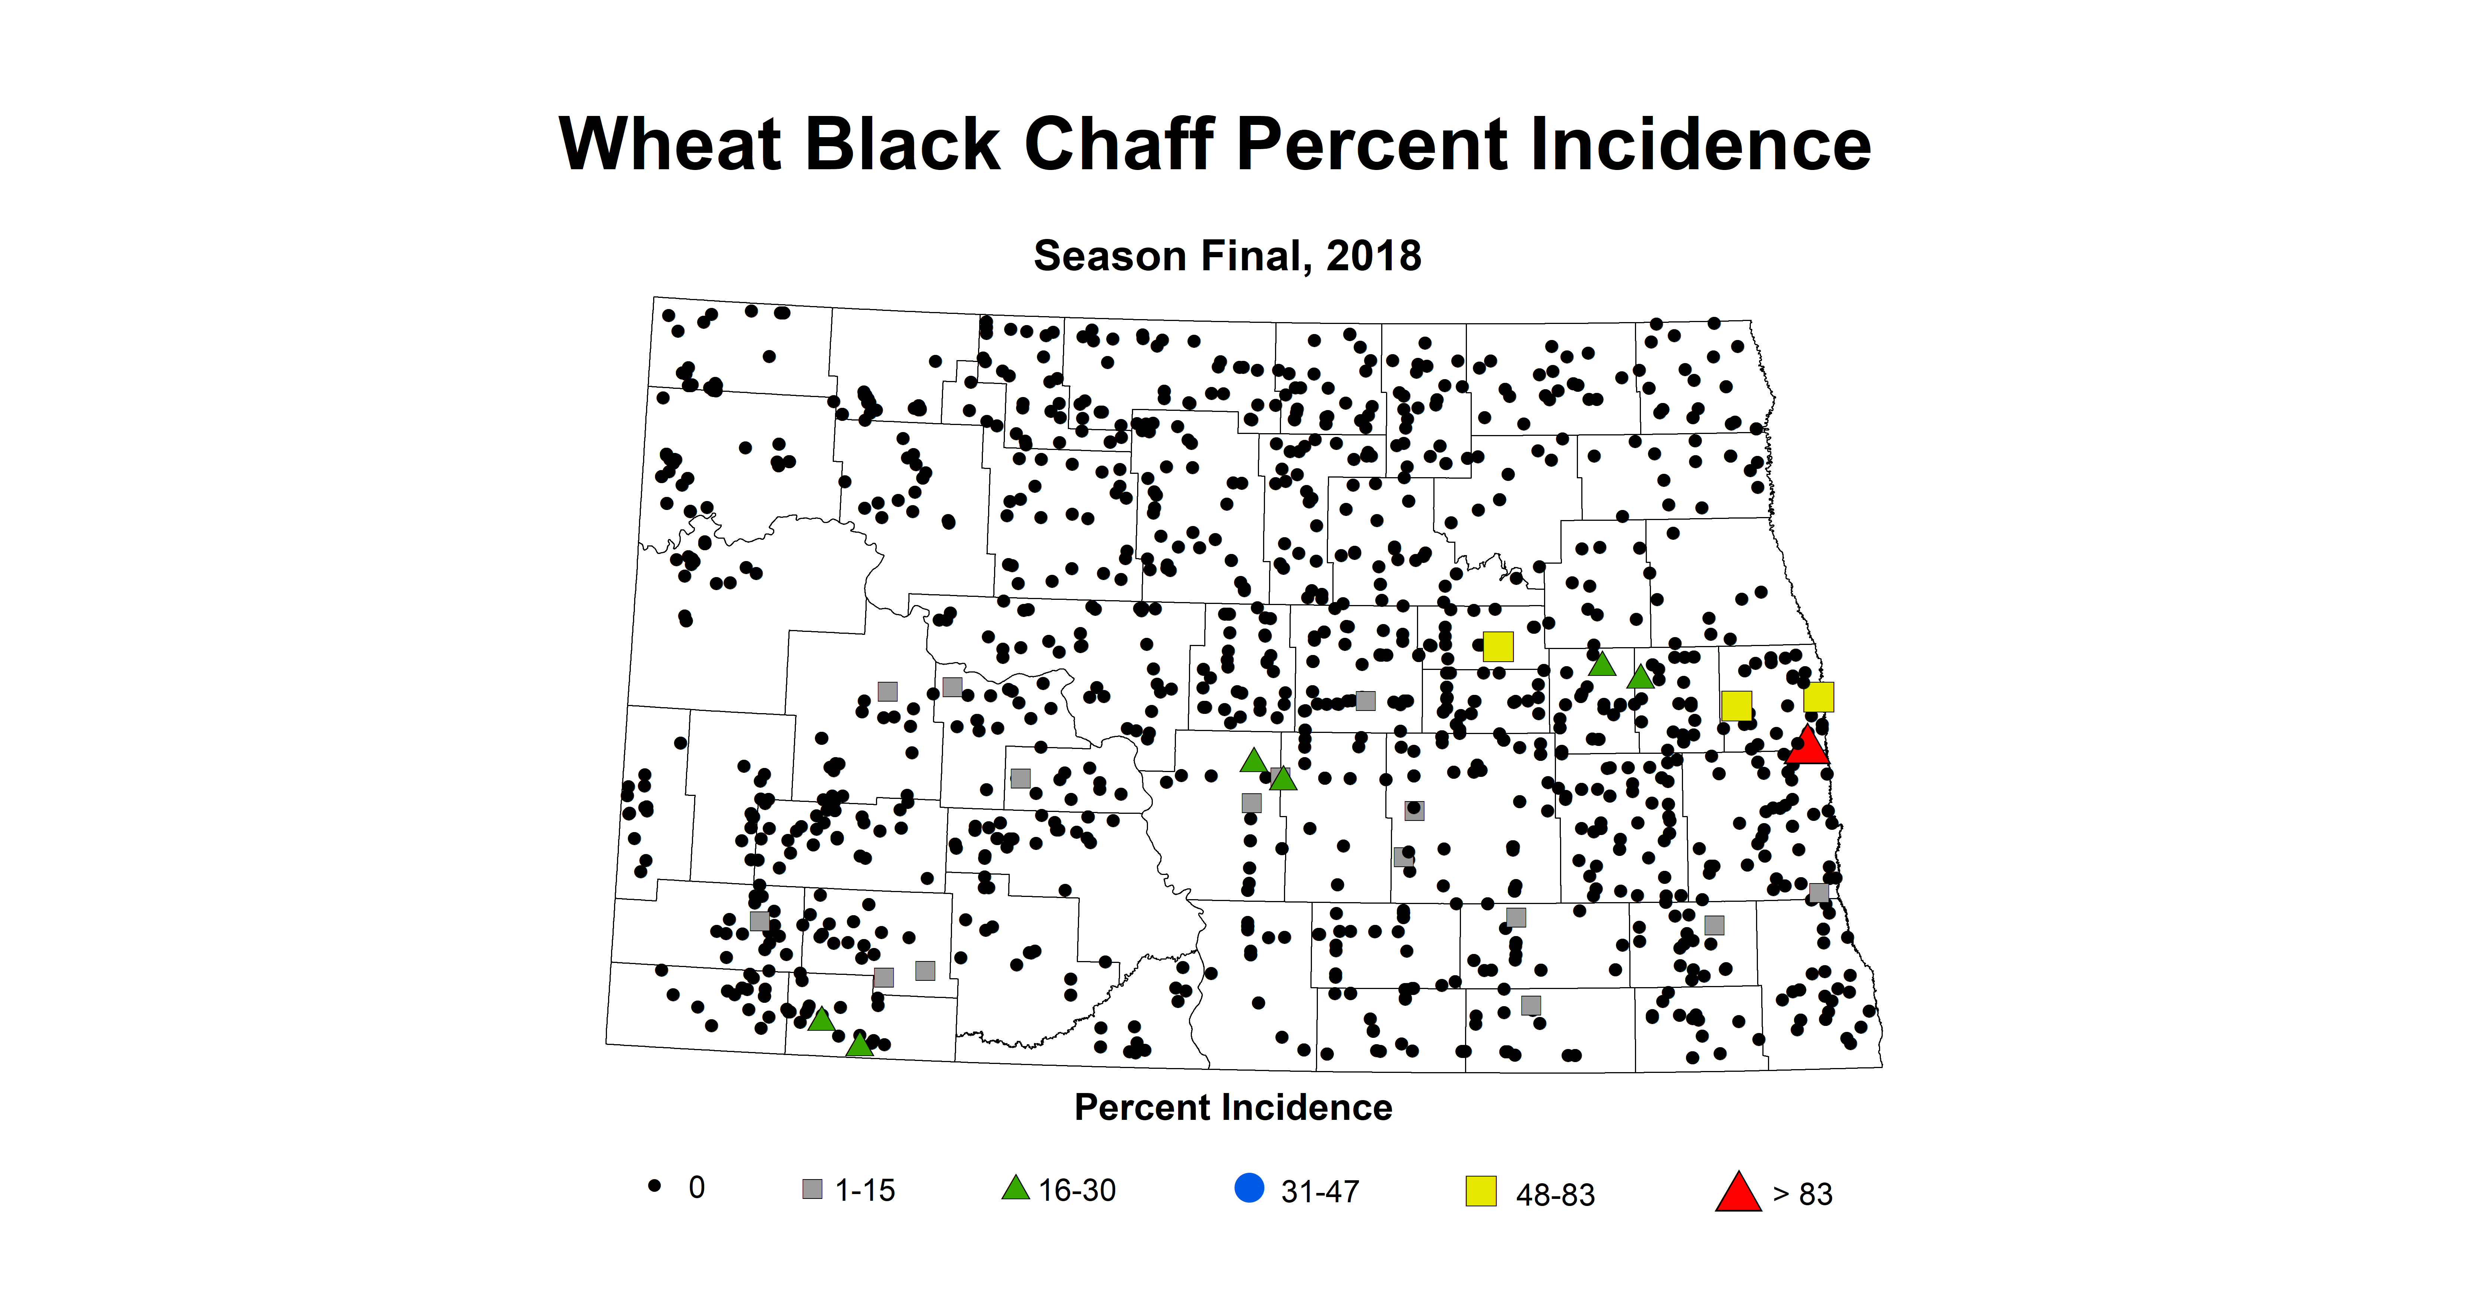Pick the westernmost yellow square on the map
(1498, 646)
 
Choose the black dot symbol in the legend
(655, 1185)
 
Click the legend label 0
(696, 1188)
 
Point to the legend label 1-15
(864, 1190)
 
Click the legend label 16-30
(1077, 1190)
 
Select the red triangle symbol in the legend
(1738, 1193)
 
